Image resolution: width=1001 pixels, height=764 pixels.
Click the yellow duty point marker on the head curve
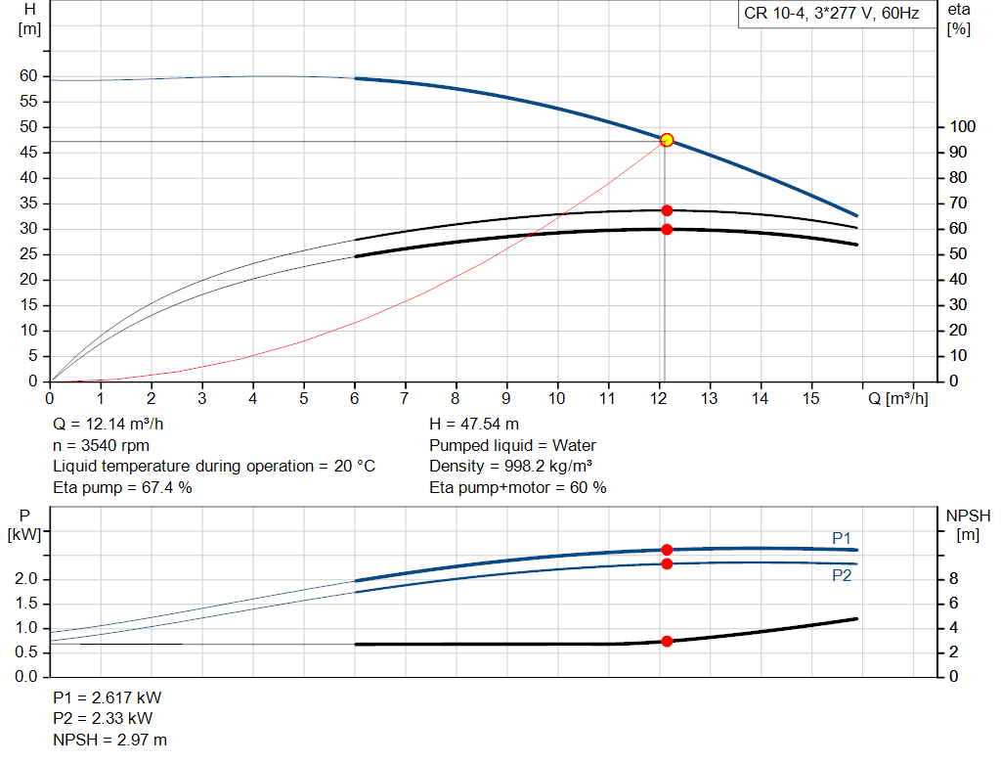click(667, 140)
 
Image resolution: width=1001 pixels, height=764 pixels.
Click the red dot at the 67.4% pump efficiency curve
click(667, 210)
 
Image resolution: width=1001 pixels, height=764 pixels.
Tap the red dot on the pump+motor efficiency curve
click(667, 229)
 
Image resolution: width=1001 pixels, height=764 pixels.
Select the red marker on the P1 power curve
click(667, 550)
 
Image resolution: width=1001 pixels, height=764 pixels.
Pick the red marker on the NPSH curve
click(667, 642)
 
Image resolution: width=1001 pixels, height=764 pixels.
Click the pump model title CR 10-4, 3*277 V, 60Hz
click(831, 15)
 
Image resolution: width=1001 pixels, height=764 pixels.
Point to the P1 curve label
click(842, 537)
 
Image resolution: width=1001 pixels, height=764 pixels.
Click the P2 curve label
click(842, 576)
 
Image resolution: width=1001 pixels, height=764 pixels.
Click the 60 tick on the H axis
click(27, 76)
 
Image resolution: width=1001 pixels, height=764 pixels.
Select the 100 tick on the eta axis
click(961, 127)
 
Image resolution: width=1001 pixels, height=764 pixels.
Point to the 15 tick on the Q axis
click(811, 399)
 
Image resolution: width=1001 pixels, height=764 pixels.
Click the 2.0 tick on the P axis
click(27, 579)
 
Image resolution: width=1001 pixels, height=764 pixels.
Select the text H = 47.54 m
click(474, 425)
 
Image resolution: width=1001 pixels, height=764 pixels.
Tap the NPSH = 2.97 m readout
click(109, 740)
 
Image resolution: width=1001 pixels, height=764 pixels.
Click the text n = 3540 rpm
click(101, 445)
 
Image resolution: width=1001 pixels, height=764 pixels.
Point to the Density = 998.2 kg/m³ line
click(511, 466)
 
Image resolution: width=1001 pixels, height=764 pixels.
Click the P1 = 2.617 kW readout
click(108, 698)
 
